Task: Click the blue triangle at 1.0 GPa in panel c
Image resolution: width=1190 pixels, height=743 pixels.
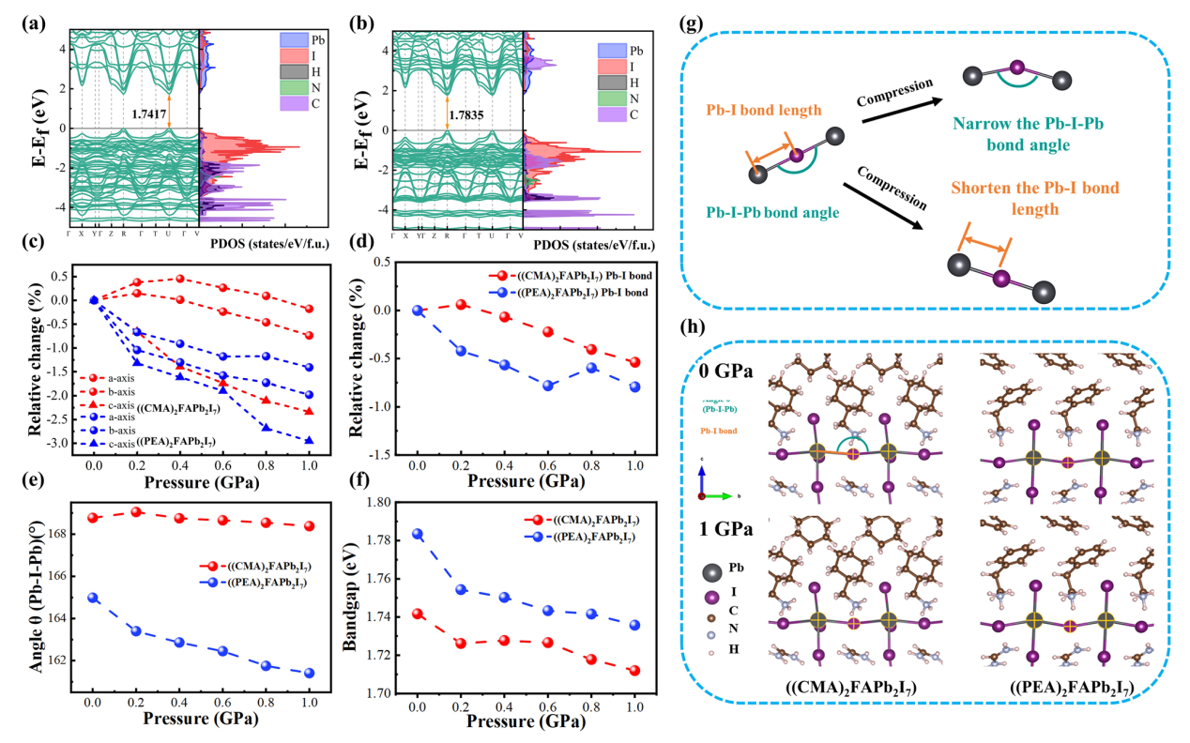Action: [309, 440]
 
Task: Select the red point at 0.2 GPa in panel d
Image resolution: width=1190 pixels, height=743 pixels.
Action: [461, 305]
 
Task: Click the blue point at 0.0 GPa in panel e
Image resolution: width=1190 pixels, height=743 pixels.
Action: [93, 598]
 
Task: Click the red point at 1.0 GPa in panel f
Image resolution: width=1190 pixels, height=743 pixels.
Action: [634, 671]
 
